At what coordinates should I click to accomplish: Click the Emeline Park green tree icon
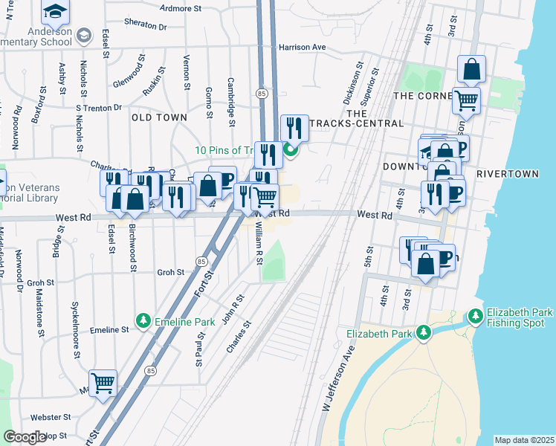143,321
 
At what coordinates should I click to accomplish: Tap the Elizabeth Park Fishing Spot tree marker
476,317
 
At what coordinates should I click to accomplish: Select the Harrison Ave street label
303,47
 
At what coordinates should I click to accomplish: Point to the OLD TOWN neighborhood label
159,117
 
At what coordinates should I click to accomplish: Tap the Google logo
25,437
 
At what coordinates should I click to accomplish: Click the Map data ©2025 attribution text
524,440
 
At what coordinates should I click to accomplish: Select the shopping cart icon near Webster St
103,383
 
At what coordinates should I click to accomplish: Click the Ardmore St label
181,9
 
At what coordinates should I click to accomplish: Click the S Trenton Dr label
99,108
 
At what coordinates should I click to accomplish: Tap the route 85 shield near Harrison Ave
262,94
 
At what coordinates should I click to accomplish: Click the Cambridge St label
231,97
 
